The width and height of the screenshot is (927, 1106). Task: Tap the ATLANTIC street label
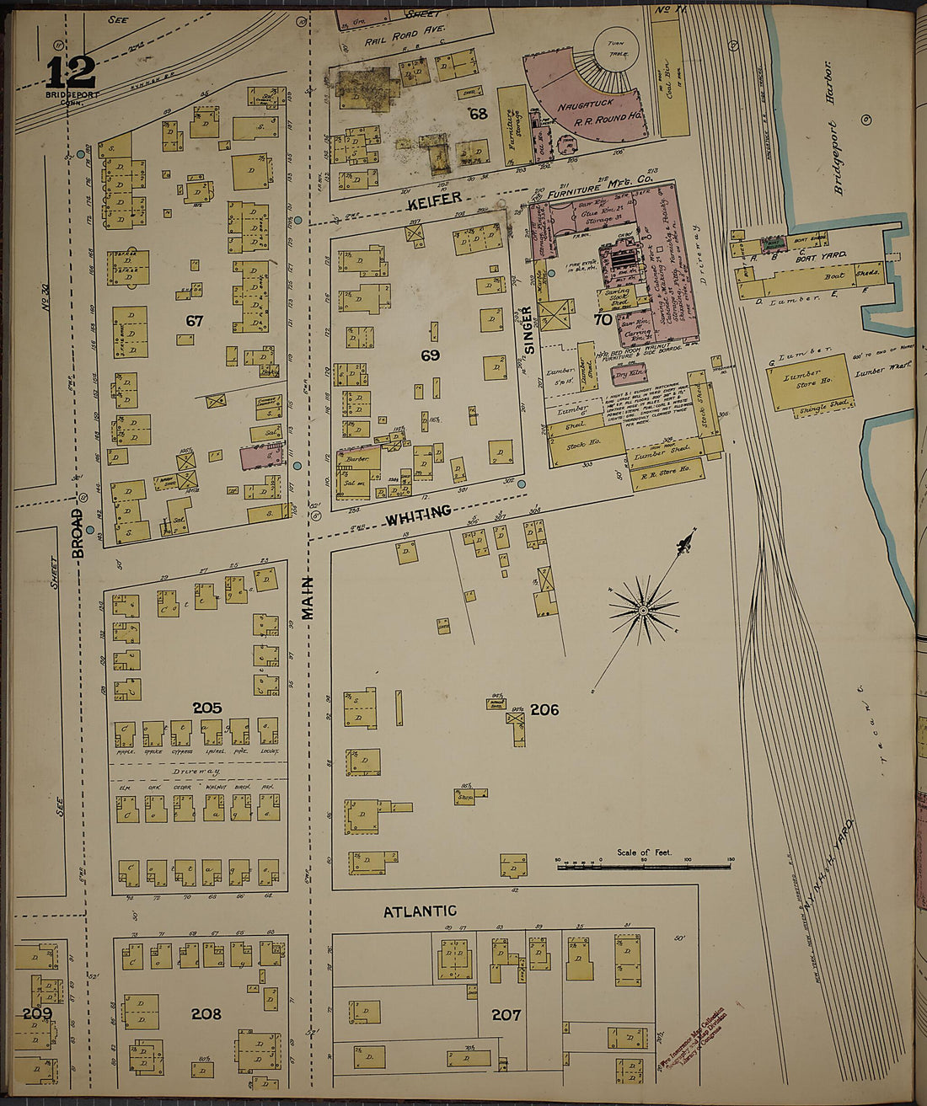[x=420, y=911]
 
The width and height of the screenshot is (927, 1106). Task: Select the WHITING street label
[x=419, y=513]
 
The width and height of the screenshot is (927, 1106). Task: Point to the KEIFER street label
[x=435, y=200]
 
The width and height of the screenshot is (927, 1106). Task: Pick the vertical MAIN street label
[x=308, y=598]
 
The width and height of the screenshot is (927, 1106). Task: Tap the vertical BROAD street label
[x=78, y=532]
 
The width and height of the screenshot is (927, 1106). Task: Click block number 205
[x=206, y=708]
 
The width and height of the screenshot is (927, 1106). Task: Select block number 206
[x=544, y=710]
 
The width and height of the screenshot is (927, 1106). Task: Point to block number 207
[x=506, y=1015]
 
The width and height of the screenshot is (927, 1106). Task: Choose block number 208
[x=206, y=1014]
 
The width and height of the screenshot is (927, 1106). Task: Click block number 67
[x=196, y=321]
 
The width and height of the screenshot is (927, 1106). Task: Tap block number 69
[x=431, y=355]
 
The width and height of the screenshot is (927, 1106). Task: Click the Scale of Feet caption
[x=644, y=852]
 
